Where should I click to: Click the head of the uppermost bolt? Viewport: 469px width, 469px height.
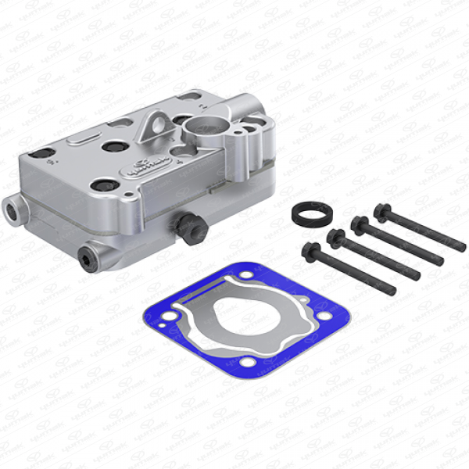(x=382, y=210)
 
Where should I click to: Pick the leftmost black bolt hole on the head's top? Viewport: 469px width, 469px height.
(x=45, y=153)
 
